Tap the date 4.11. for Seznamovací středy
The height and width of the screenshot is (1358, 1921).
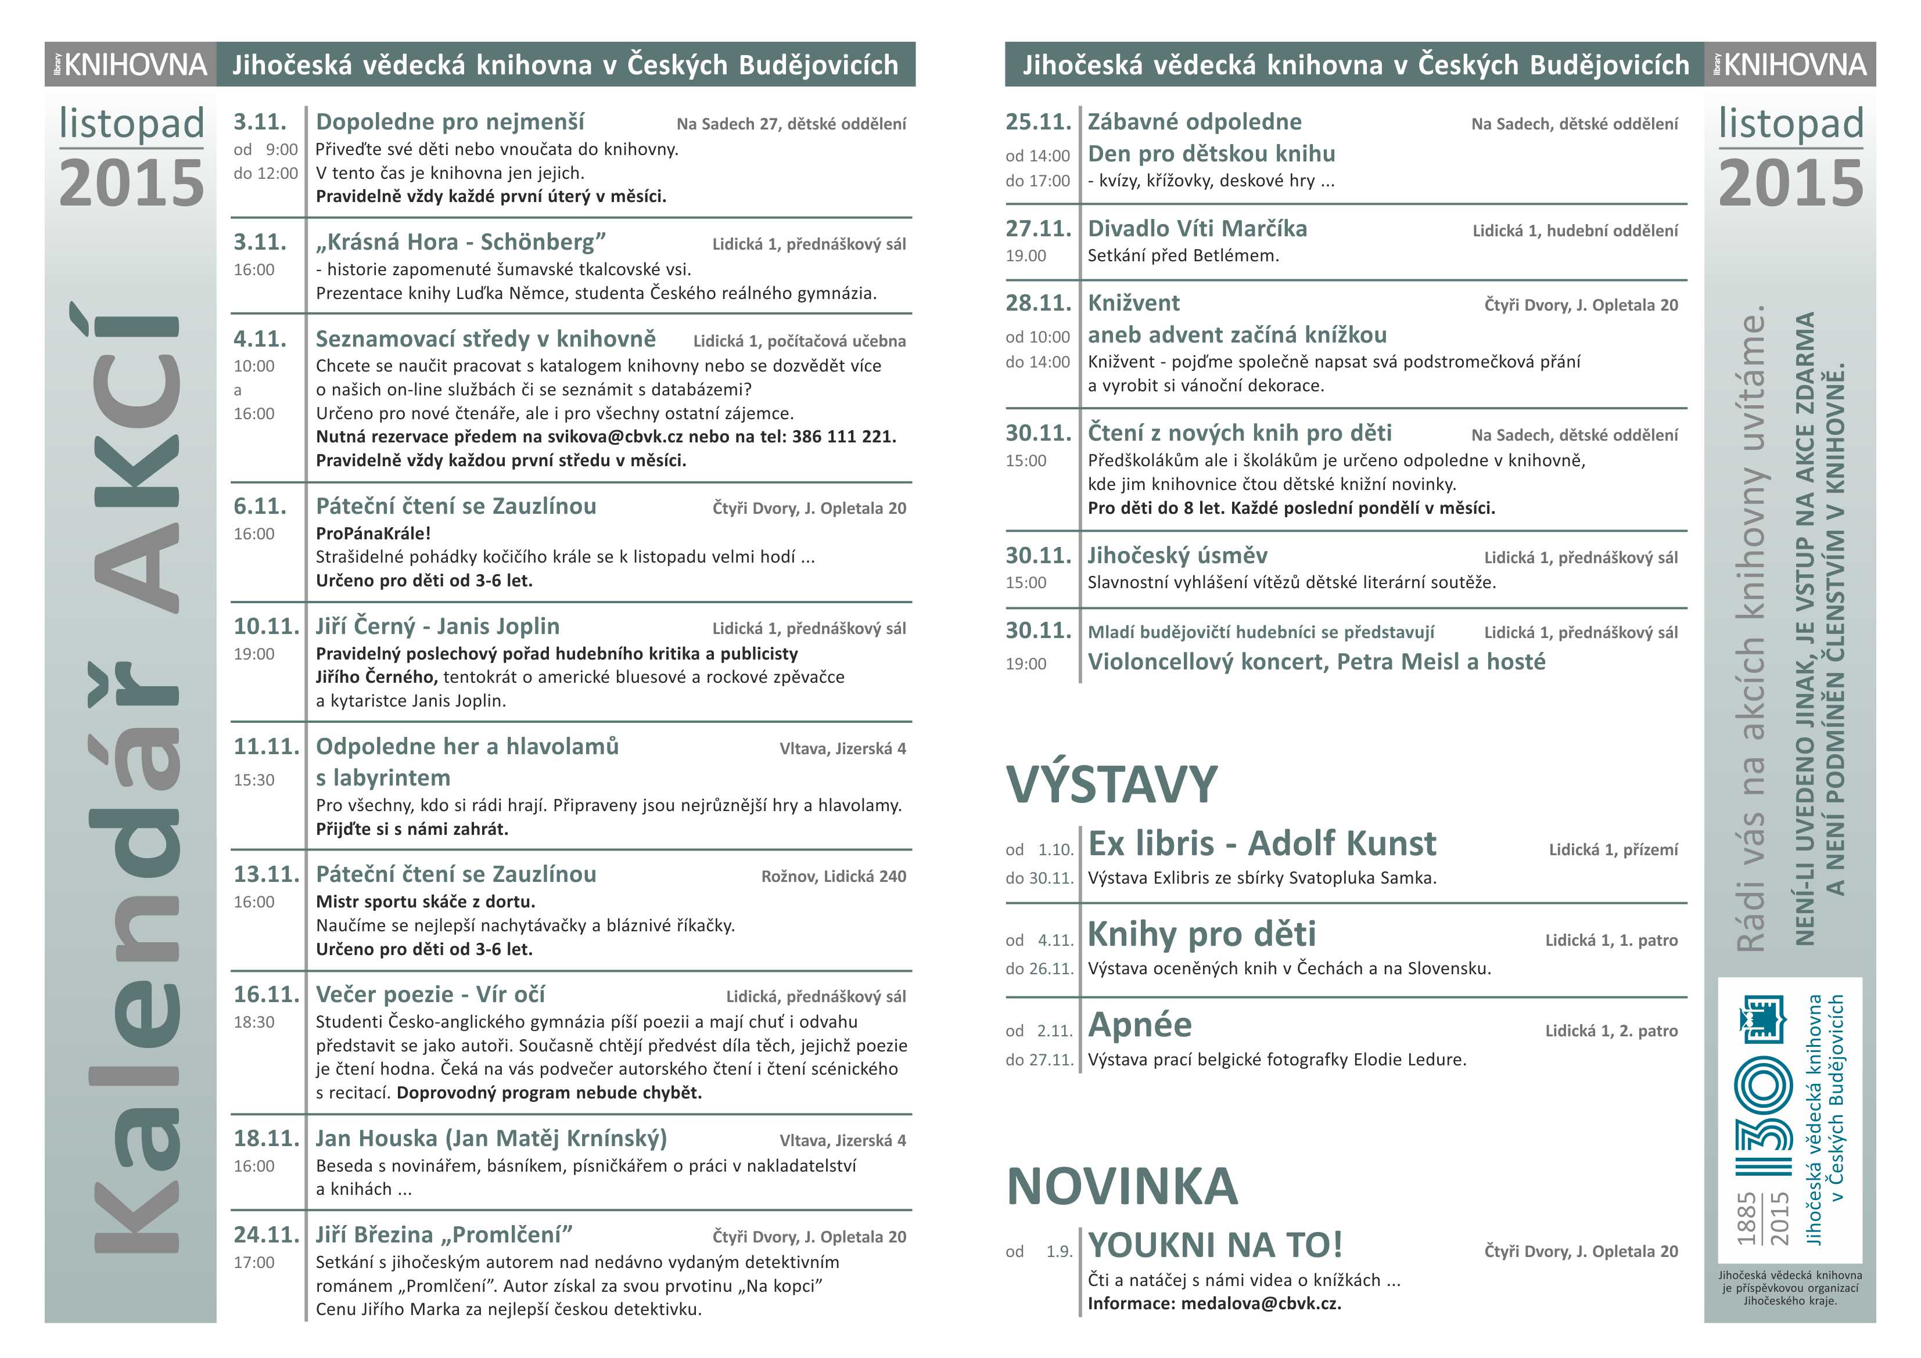[260, 338]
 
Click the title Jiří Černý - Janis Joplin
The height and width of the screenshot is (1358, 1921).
[437, 626]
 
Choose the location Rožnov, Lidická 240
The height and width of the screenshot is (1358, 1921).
[834, 876]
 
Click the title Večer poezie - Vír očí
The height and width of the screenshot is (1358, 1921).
[430, 994]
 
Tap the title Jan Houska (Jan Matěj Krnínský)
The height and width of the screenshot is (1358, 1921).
[491, 1138]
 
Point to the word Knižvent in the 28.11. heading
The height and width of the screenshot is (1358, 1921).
[1134, 302]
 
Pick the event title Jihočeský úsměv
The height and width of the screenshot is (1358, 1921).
[1177, 555]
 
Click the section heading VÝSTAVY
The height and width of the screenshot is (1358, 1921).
[1112, 784]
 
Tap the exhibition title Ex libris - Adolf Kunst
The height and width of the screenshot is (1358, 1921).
[1262, 844]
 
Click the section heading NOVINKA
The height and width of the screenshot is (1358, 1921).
[1122, 1187]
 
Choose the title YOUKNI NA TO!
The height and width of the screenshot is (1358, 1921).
[1215, 1246]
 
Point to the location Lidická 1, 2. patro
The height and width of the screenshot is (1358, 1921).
[1611, 1031]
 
